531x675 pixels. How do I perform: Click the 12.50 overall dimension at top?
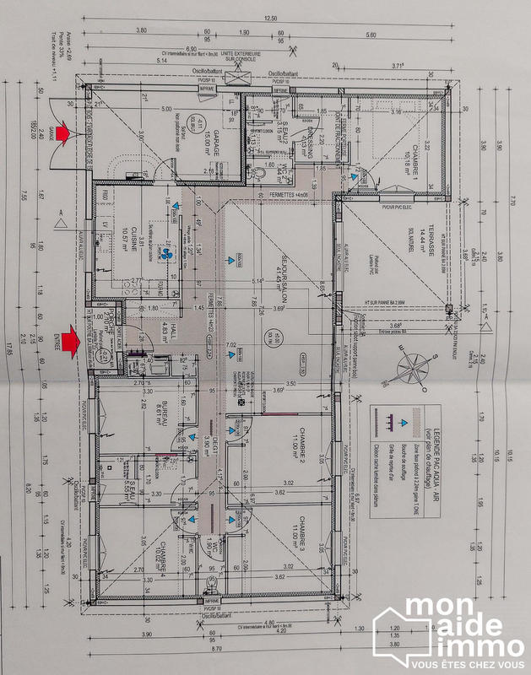(270, 18)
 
